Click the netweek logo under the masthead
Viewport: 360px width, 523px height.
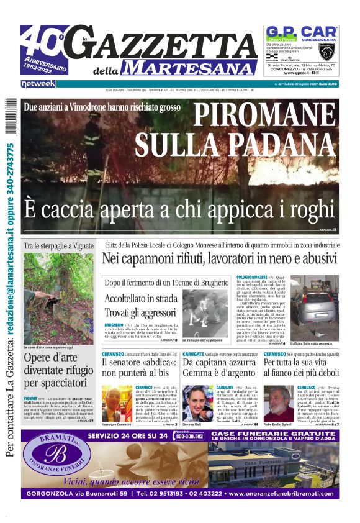(x=38, y=84)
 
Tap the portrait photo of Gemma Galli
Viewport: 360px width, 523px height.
(x=197, y=403)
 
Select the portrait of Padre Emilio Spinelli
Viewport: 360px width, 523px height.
(x=279, y=403)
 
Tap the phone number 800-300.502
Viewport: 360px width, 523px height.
(x=189, y=437)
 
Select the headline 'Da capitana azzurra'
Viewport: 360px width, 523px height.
(x=218, y=362)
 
